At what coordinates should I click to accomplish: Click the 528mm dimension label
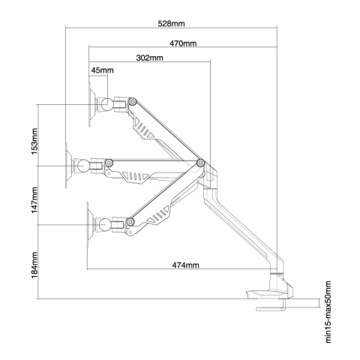[171, 24]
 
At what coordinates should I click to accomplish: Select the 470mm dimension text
[183, 43]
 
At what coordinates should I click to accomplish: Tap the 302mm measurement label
[149, 58]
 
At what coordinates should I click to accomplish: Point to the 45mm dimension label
[102, 70]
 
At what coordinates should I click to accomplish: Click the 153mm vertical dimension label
[34, 141]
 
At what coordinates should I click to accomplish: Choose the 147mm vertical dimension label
[34, 200]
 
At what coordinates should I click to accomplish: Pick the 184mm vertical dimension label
[34, 265]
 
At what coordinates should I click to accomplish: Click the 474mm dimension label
[185, 265]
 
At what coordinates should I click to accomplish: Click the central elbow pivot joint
[200, 163]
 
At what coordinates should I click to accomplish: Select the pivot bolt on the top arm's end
[133, 101]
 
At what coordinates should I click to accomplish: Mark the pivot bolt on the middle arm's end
[109, 163]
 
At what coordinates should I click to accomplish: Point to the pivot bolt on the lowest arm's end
[130, 221]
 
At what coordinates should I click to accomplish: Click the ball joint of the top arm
[107, 104]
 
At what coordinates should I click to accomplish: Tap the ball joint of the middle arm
[82, 166]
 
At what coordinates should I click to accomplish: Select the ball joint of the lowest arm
[105, 224]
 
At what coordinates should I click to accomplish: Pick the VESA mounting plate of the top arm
[91, 104]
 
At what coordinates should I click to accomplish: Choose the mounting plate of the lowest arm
[90, 224]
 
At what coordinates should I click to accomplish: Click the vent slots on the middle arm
[135, 176]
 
